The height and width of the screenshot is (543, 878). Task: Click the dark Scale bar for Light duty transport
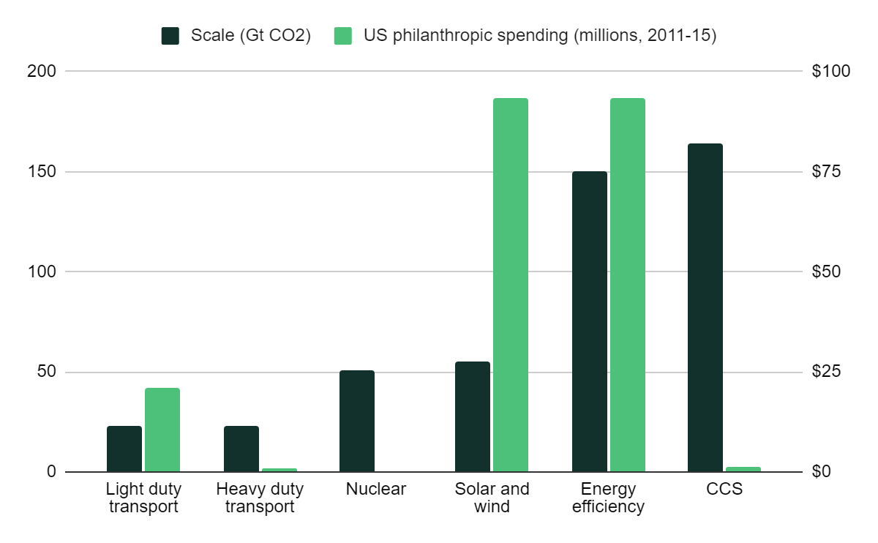pyautogui.click(x=124, y=449)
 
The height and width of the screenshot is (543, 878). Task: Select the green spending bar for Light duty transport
pyautogui.click(x=162, y=430)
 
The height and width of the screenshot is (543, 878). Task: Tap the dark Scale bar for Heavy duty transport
pyautogui.click(x=241, y=449)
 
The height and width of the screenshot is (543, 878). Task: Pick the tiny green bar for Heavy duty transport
pyautogui.click(x=279, y=470)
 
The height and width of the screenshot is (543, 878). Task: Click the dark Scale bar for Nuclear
pyautogui.click(x=357, y=421)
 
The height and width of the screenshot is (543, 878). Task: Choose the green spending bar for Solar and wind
pyautogui.click(x=511, y=285)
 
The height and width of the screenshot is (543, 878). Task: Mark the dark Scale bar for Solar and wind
pyautogui.click(x=473, y=416)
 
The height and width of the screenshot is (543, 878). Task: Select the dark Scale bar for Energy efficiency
pyautogui.click(x=590, y=321)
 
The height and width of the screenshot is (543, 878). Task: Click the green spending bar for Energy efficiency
pyautogui.click(x=628, y=285)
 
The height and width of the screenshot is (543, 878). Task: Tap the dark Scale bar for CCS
pyautogui.click(x=705, y=307)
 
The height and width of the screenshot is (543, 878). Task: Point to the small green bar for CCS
pyautogui.click(x=743, y=469)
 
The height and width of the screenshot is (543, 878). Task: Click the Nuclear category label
pyautogui.click(x=376, y=490)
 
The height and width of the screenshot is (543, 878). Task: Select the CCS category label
pyautogui.click(x=724, y=490)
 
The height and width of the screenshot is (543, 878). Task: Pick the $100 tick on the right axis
pyautogui.click(x=832, y=72)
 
